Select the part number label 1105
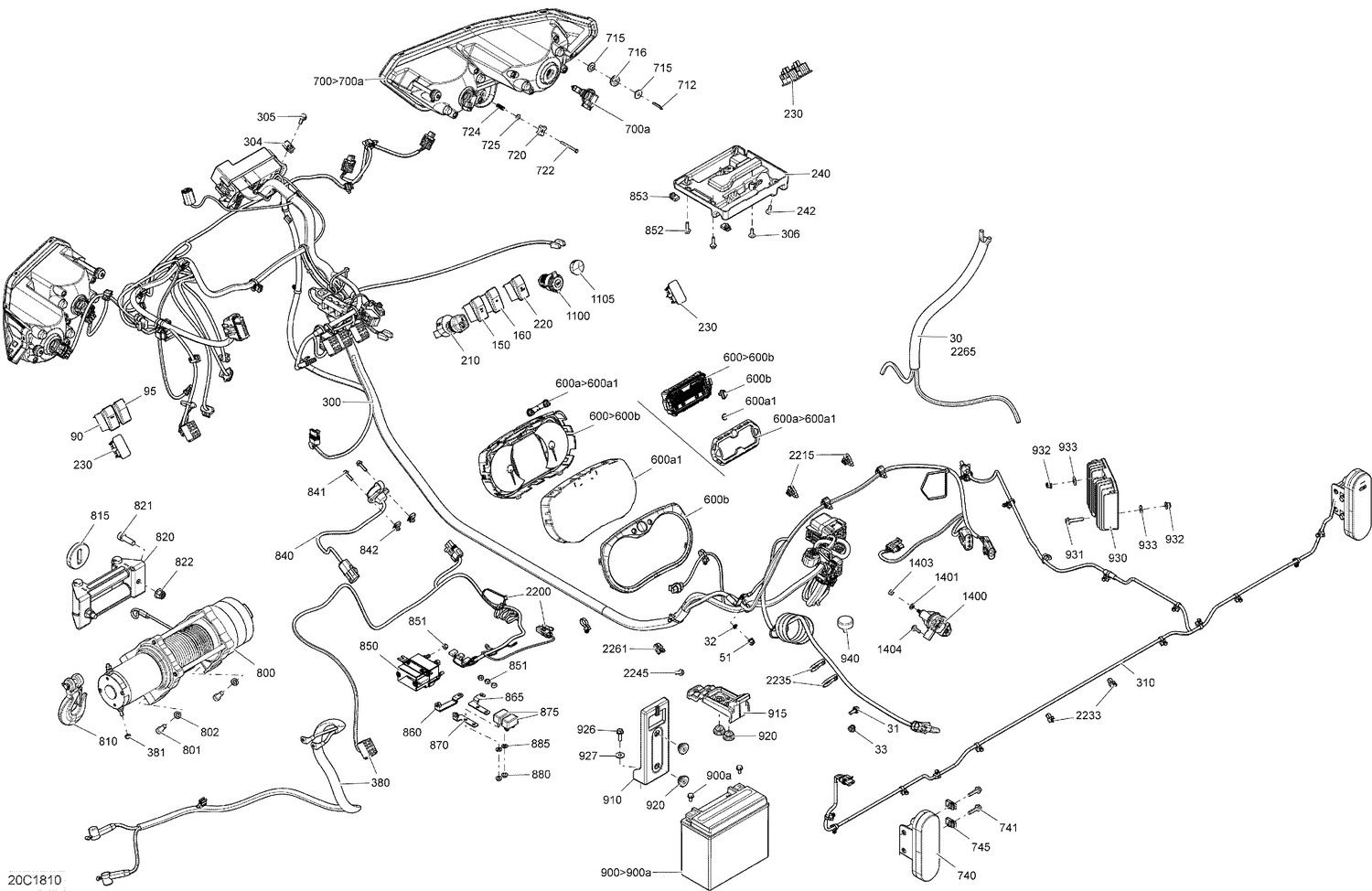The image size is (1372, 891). pos(602,299)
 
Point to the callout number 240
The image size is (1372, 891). pos(820,174)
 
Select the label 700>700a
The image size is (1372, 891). pos(338,81)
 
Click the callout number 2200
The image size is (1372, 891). pos(538,592)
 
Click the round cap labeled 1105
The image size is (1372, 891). pos(577,267)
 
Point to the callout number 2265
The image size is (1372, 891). pos(962,352)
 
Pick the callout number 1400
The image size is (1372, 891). pos(975,596)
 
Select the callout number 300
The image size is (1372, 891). pos(331,402)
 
